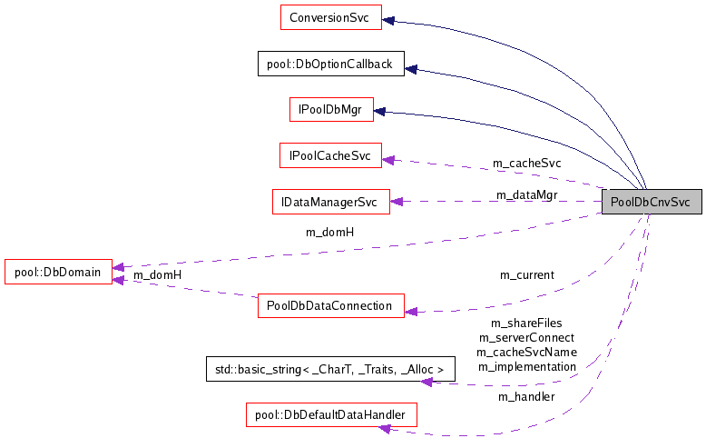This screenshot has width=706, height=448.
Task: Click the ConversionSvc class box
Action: click(x=330, y=17)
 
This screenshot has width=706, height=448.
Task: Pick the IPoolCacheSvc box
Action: click(x=330, y=156)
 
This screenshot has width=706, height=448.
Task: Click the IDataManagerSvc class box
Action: click(x=330, y=202)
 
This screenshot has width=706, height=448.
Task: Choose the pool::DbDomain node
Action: click(x=58, y=271)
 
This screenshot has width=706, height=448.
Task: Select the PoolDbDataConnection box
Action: click(x=329, y=306)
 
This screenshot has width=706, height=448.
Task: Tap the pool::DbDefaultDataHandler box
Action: click(x=330, y=415)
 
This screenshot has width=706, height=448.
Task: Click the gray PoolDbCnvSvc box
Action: click(x=652, y=202)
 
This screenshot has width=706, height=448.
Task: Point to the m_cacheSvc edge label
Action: click(x=526, y=164)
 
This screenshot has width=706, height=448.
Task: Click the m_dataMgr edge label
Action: click(x=526, y=194)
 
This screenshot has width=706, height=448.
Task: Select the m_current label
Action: click(x=526, y=274)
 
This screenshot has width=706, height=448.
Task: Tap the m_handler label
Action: click(x=526, y=396)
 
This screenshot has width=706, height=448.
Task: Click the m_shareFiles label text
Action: click(x=526, y=323)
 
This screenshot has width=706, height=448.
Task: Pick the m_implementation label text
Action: click(x=526, y=366)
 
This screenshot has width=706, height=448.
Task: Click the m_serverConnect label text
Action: click(x=526, y=337)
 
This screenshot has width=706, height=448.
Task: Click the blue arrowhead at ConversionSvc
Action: click(x=387, y=18)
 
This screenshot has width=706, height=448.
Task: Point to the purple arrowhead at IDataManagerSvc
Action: click(x=397, y=202)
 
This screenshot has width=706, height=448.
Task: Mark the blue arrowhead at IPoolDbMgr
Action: click(x=380, y=112)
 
